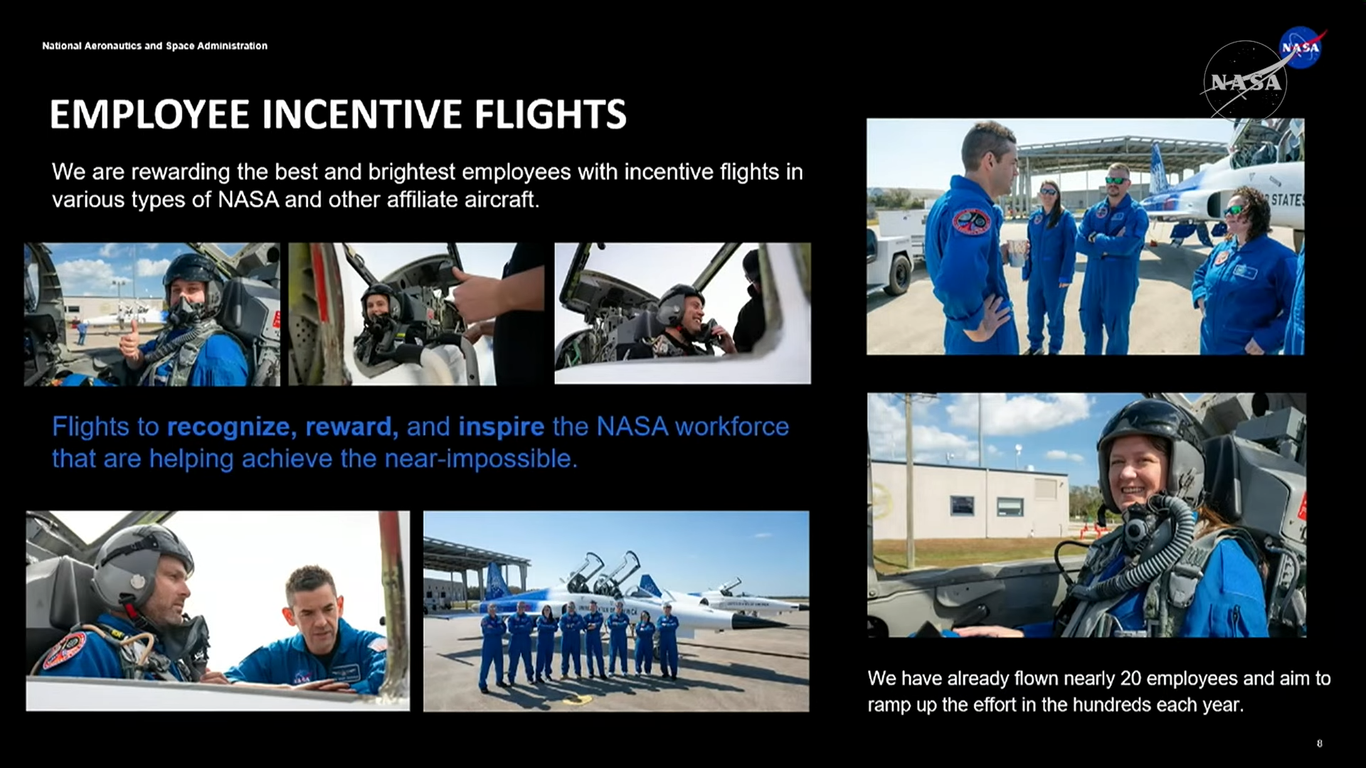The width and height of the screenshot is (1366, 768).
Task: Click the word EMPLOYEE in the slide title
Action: point(150,114)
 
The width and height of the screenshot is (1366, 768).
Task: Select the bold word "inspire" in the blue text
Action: point(502,427)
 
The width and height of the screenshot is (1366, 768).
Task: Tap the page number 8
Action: point(1320,744)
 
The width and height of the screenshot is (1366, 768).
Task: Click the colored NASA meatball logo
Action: point(1301,48)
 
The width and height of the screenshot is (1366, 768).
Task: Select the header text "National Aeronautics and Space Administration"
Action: point(155,46)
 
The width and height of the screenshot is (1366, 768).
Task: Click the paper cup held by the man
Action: point(1016,252)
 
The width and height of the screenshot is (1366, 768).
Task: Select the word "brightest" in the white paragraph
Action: point(412,172)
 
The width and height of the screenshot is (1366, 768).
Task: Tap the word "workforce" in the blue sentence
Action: point(732,427)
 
